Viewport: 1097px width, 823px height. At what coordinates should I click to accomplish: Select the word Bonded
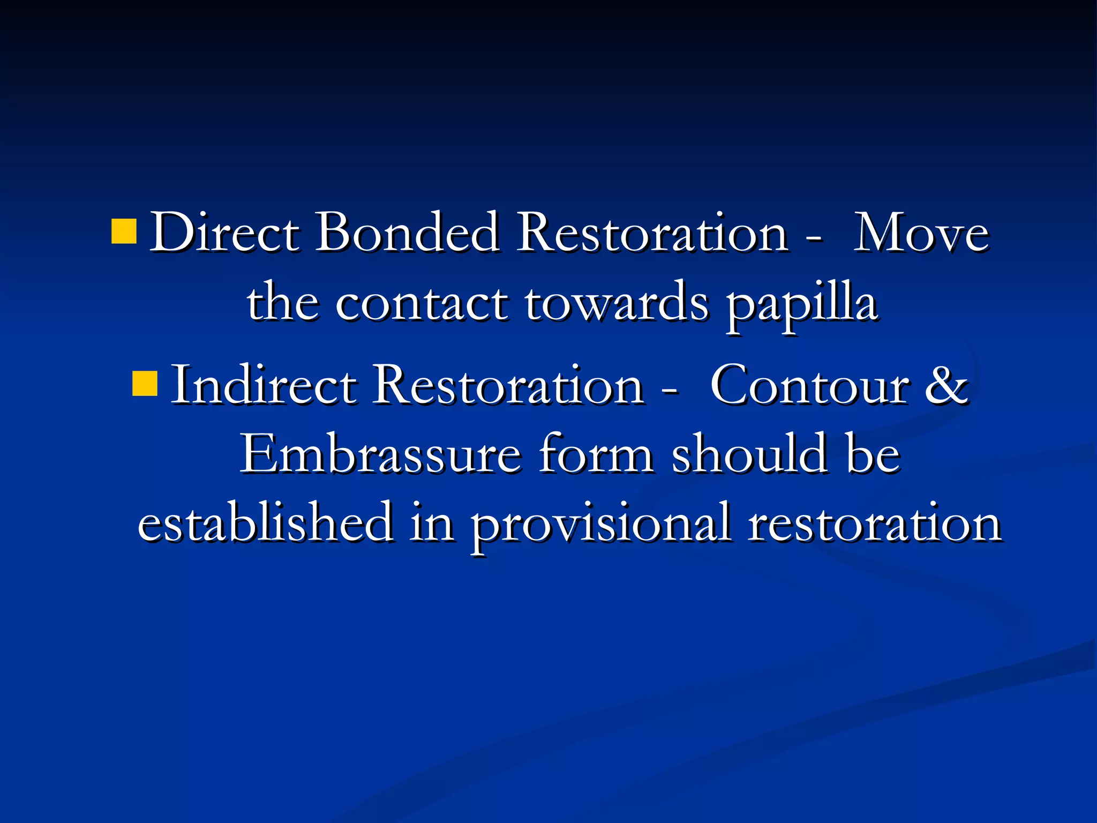point(407,233)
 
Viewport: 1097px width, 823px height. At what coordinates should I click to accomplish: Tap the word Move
point(921,234)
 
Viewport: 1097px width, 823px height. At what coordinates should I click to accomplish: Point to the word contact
point(422,303)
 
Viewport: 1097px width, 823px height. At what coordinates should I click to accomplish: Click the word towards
point(617,303)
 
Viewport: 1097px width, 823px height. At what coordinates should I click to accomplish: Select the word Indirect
point(264,385)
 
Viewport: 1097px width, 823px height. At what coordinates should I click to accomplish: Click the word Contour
point(809,386)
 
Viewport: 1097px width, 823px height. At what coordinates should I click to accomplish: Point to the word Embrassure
point(381,455)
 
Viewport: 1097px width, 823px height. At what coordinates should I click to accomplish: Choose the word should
point(749,455)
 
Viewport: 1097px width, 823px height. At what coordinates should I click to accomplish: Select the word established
point(266,522)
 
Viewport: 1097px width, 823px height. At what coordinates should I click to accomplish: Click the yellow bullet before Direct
point(124,231)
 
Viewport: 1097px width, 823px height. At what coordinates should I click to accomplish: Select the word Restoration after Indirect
point(508,385)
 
